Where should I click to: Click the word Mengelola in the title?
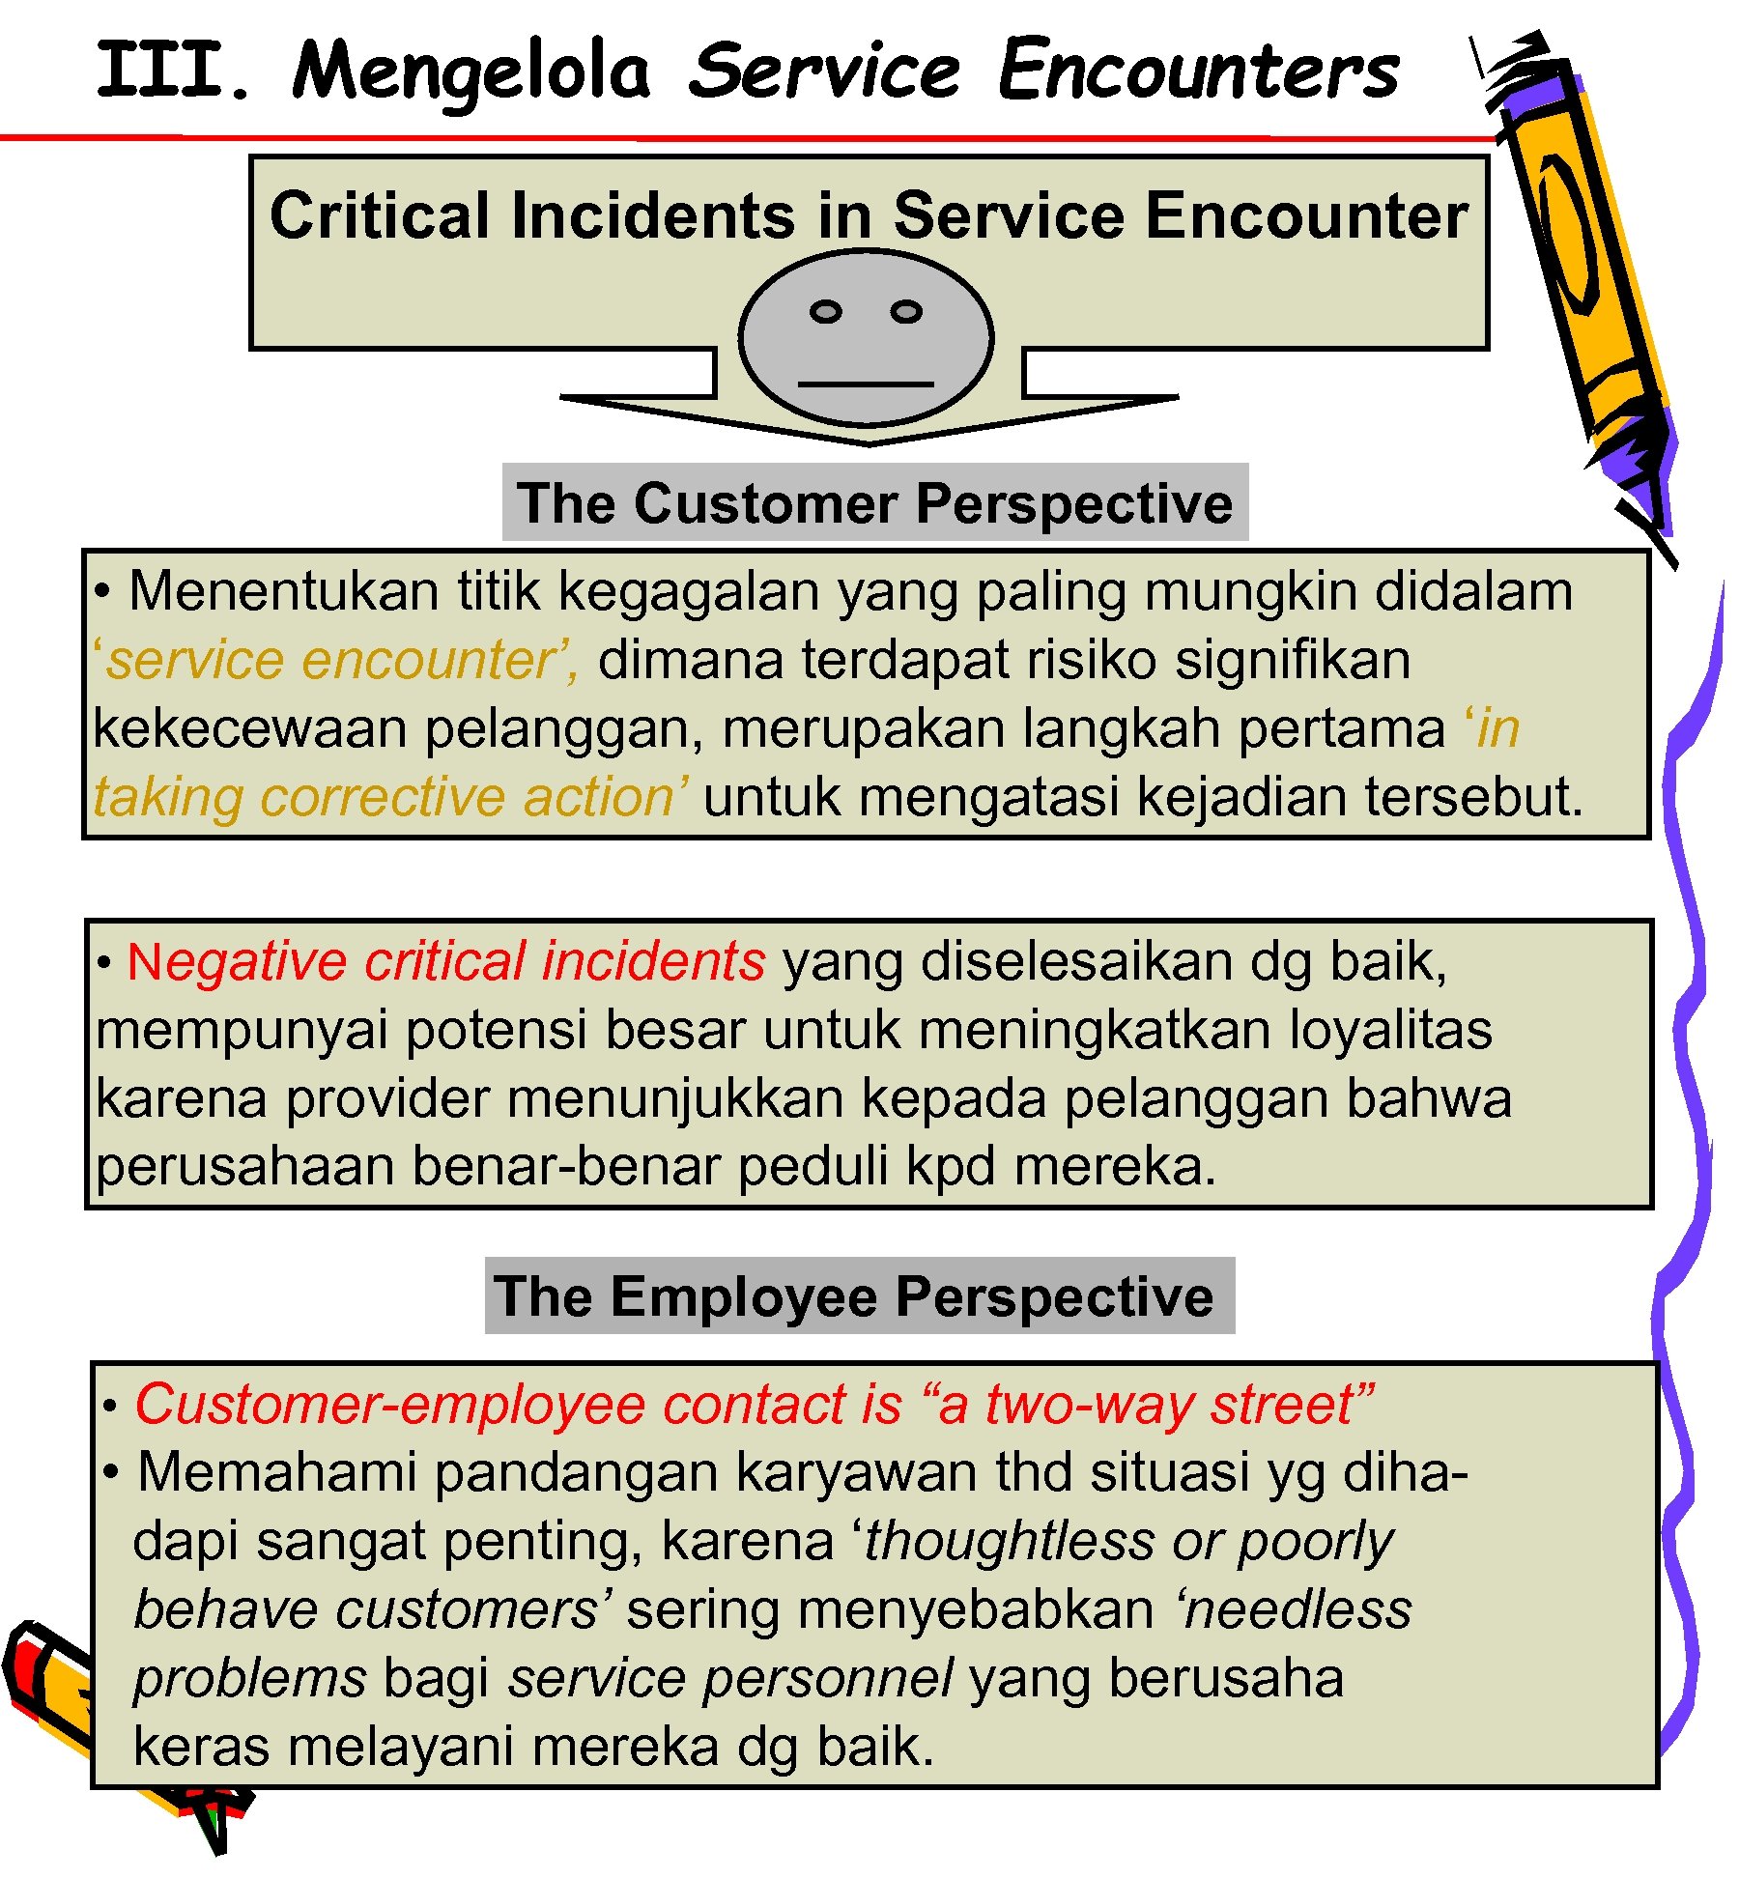pos(470,73)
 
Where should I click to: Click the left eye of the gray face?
pos(825,312)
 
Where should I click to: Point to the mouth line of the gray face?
pos(866,384)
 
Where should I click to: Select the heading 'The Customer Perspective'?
pos(875,503)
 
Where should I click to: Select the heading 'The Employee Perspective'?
pos(854,1296)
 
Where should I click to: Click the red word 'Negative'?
pos(236,962)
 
